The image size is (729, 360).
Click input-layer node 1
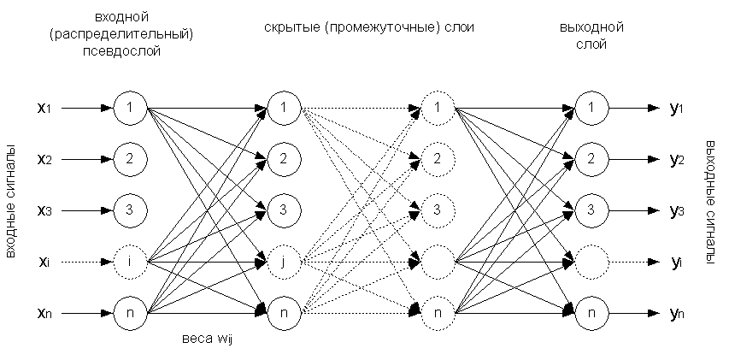130,109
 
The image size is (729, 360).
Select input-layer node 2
130,158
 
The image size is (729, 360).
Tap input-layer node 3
130,209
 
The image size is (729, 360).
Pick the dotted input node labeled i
130,261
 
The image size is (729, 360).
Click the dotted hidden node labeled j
283,261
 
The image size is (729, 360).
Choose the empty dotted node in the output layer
591,261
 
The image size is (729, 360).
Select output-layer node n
591,312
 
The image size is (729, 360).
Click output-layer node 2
591,158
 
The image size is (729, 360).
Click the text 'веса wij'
208,339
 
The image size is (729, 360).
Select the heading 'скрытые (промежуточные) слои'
368,27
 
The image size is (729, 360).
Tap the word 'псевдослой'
131,50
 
